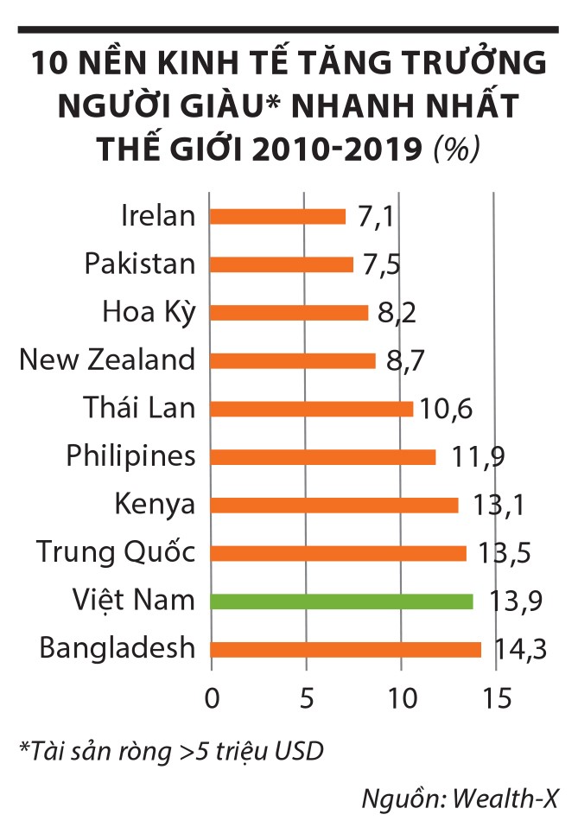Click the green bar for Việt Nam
(341, 601)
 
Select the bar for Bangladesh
(346, 650)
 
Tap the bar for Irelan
(277, 216)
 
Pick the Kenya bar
(333, 505)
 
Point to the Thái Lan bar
(311, 408)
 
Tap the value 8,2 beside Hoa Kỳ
(395, 313)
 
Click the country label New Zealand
(107, 360)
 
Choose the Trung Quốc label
(116, 551)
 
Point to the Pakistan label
(140, 264)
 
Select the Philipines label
(131, 455)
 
